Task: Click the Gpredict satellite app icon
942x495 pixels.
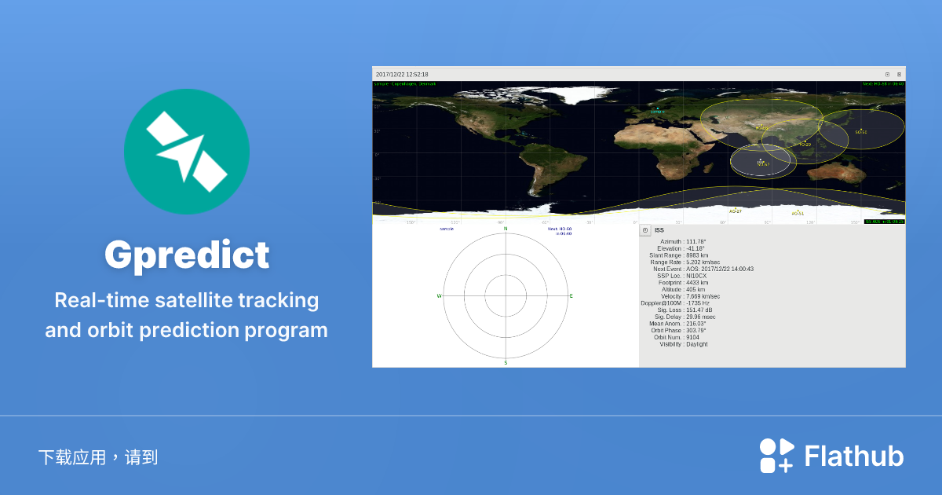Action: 187,152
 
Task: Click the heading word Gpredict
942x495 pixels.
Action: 187,255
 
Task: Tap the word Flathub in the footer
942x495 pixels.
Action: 854,456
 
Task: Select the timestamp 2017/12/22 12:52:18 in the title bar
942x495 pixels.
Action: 402,75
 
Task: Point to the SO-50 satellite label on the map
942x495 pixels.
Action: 861,132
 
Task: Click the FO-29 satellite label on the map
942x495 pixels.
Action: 805,144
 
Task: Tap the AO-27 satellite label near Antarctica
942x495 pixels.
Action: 736,211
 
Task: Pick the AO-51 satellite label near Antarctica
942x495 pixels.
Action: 798,213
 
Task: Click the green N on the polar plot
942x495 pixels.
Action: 506,229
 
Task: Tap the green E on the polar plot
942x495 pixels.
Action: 571,296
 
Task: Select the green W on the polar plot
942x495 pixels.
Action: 440,296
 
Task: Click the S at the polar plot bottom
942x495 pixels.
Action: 506,363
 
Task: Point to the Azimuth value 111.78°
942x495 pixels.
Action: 696,242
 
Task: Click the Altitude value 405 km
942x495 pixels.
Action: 696,290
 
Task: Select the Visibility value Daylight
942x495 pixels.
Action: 697,344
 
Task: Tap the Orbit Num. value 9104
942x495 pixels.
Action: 692,337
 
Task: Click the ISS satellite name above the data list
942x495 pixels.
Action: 659,230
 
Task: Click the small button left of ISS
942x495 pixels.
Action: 645,230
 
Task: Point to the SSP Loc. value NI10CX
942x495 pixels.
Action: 696,276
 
